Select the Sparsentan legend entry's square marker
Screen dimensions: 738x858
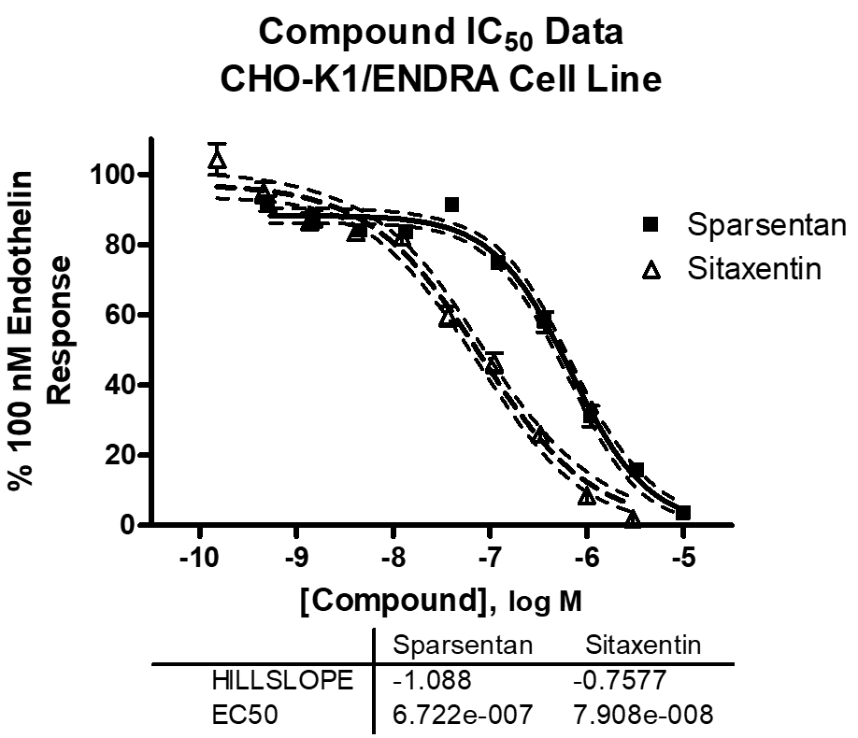click(651, 225)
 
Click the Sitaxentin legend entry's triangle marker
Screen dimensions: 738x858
click(651, 271)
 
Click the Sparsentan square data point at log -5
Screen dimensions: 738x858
click(683, 512)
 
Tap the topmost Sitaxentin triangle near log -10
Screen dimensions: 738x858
click(217, 160)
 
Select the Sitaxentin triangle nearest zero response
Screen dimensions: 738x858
click(634, 519)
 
